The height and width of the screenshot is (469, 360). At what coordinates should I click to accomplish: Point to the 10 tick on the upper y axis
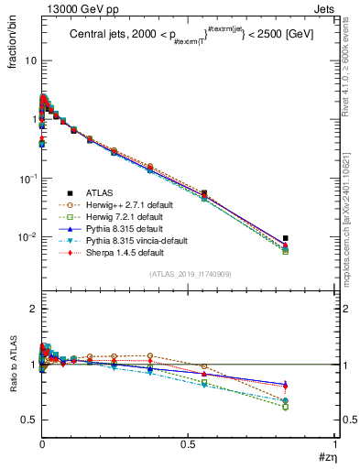click(x=29, y=60)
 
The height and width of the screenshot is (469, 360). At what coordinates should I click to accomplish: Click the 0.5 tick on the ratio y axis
click(x=27, y=420)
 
